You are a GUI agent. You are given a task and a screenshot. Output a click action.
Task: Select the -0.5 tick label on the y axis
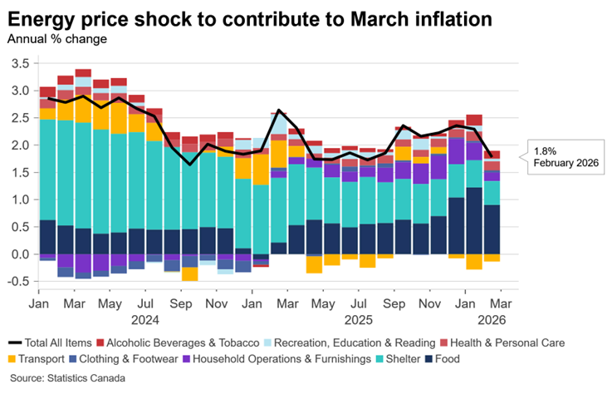[17, 282]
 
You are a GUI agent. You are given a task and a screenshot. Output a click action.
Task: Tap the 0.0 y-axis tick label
[18, 254]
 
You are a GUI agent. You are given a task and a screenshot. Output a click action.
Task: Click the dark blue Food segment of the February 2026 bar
[492, 229]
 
